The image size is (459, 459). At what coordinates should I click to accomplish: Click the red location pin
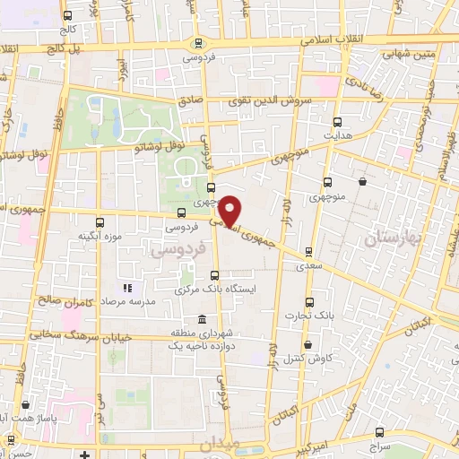pyautogui.click(x=230, y=211)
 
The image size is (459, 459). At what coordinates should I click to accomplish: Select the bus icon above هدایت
pyautogui.click(x=338, y=122)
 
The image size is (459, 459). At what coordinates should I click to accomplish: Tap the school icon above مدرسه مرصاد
pyautogui.click(x=126, y=288)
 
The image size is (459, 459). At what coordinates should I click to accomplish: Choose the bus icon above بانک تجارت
pyautogui.click(x=310, y=302)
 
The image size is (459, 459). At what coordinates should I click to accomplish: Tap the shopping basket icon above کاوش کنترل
pyautogui.click(x=307, y=344)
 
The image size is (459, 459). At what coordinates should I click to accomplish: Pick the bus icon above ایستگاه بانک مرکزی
pyautogui.click(x=213, y=275)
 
